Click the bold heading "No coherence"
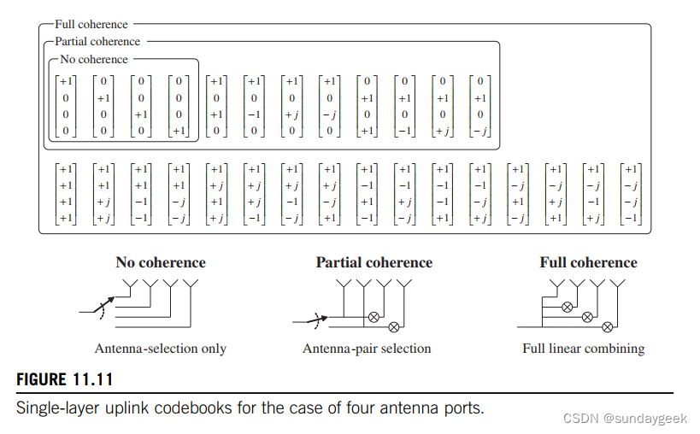[x=161, y=262]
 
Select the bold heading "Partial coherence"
[x=374, y=262]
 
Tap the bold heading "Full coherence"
[x=588, y=262]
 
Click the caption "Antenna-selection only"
[x=161, y=349]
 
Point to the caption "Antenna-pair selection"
[x=367, y=349]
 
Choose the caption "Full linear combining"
[x=584, y=349]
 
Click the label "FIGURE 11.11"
[x=64, y=379]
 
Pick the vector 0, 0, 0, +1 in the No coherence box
[x=179, y=106]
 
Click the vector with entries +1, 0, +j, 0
[x=292, y=106]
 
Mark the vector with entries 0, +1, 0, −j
[x=481, y=106]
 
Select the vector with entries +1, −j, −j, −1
[x=632, y=194]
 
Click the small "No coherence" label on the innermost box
[x=94, y=60]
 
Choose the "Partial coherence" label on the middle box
[x=97, y=41]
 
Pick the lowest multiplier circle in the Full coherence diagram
[x=606, y=326]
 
